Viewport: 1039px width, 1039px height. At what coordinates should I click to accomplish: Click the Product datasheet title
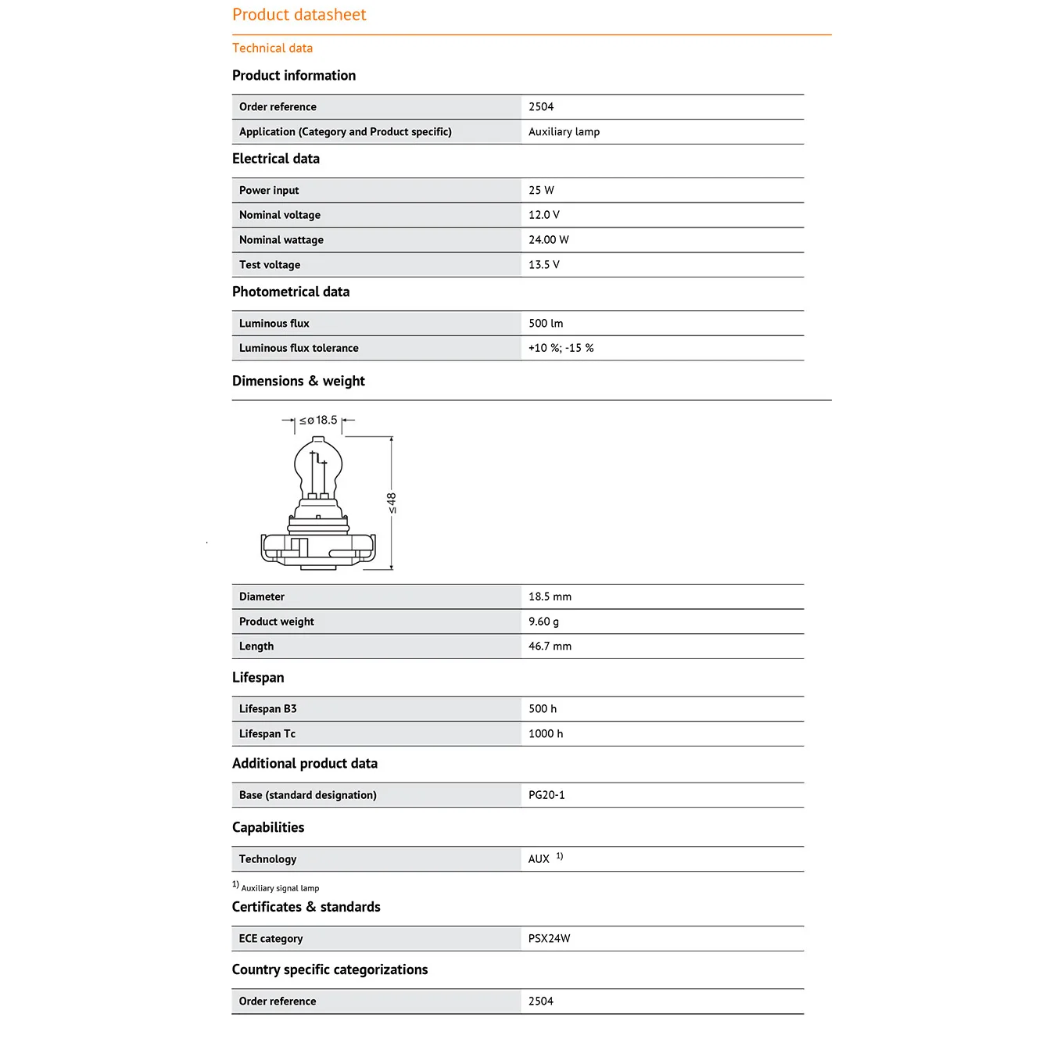(299, 15)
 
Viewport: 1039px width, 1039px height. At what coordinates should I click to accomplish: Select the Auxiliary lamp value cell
(564, 132)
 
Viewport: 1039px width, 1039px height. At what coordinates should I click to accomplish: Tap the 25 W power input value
(541, 191)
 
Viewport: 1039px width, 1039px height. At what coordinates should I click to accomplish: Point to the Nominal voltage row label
(279, 215)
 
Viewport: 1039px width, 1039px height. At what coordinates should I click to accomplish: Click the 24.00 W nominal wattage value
(548, 240)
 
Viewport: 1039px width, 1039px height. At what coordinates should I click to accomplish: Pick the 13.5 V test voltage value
(543, 265)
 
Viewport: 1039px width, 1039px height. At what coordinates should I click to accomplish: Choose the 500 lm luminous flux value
(545, 324)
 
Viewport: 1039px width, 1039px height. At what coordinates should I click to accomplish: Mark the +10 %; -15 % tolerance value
(561, 349)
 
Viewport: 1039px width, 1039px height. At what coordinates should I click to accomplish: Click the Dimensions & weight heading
(298, 382)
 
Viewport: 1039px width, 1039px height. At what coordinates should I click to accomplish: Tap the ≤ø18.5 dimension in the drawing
(319, 421)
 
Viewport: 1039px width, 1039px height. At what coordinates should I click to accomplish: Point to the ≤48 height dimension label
(392, 503)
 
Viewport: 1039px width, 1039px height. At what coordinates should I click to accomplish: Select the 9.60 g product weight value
(543, 622)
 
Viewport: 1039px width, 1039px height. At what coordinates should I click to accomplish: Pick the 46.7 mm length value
(550, 647)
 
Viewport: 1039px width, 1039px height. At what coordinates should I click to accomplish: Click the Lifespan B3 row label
(267, 709)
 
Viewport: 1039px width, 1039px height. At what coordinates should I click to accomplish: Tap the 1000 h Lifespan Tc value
(545, 734)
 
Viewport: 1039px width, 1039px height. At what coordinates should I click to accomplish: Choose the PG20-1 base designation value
(546, 795)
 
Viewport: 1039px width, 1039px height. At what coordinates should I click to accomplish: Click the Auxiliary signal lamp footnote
(279, 888)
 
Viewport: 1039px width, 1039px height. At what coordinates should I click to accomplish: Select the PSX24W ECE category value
(549, 939)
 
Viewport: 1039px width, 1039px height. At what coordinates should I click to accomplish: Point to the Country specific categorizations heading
(329, 970)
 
